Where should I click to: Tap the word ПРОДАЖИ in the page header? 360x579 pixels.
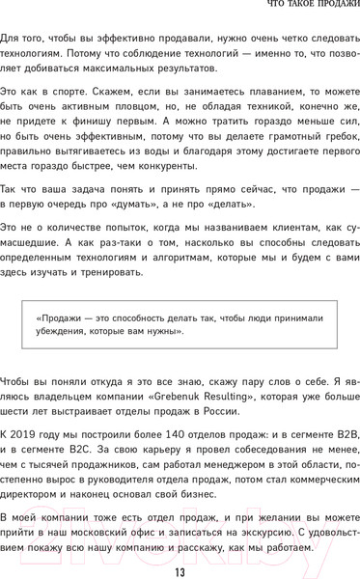click(328, 9)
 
